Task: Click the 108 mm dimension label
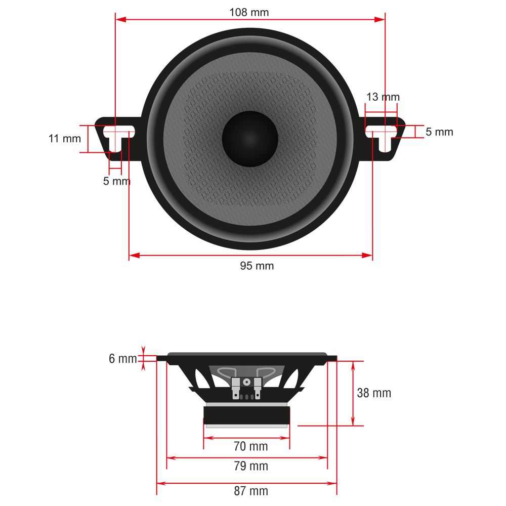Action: pyautogui.click(x=249, y=12)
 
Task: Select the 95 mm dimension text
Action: pyautogui.click(x=257, y=266)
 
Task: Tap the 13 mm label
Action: pyautogui.click(x=383, y=97)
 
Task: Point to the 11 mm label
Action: pyautogui.click(x=64, y=138)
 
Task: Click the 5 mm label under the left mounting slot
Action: pyautogui.click(x=117, y=181)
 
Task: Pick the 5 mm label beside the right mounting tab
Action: pyautogui.click(x=439, y=132)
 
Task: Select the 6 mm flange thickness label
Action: pyautogui.click(x=122, y=359)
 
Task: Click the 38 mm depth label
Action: pyautogui.click(x=374, y=393)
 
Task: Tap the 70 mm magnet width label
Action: pyautogui.click(x=250, y=446)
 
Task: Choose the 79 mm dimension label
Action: pyautogui.click(x=250, y=466)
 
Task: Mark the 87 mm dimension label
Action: pyautogui.click(x=250, y=490)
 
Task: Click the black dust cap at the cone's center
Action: pyautogui.click(x=250, y=139)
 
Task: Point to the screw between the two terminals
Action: pyautogui.click(x=246, y=382)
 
